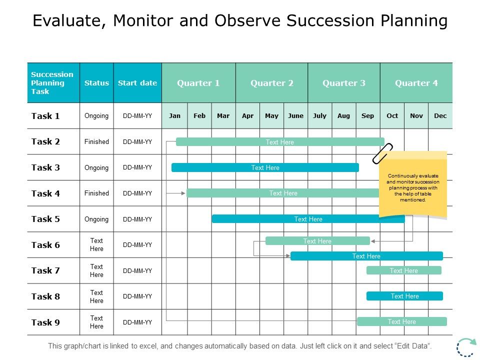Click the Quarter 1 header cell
pyautogui.click(x=198, y=83)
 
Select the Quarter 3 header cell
pyautogui.click(x=343, y=83)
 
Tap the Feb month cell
pyautogui.click(x=199, y=115)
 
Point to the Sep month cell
pyautogui.click(x=367, y=115)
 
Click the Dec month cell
pyautogui.click(x=440, y=115)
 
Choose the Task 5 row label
pyautogui.click(x=45, y=219)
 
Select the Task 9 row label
pyautogui.click(x=45, y=322)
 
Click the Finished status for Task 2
pyautogui.click(x=96, y=141)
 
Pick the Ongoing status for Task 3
pyautogui.click(x=96, y=167)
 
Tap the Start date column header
pyautogui.click(x=137, y=83)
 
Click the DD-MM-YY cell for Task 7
pyautogui.click(x=137, y=271)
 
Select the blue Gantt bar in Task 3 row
pyautogui.click(x=265, y=167)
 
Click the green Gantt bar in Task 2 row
pyautogui.click(x=280, y=142)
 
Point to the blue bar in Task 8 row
pyautogui.click(x=404, y=296)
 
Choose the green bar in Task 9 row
pyautogui.click(x=401, y=321)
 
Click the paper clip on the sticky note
pyautogui.click(x=383, y=153)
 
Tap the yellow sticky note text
pyautogui.click(x=413, y=188)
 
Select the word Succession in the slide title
pyautogui.click(x=326, y=20)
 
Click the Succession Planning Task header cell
pyautogui.click(x=52, y=83)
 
